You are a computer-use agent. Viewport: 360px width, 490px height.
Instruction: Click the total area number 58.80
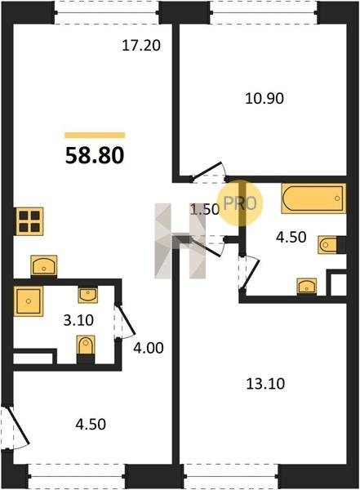pos(95,156)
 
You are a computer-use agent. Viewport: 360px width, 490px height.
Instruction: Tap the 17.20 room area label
pos(141,46)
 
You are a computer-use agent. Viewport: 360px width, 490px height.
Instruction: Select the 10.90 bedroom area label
pos(264,99)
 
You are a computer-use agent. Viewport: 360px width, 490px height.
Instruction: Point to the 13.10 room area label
pos(265,384)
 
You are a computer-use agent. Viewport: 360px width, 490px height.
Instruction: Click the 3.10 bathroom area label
pos(78,320)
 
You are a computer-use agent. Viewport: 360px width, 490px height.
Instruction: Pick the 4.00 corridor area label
pos(148,348)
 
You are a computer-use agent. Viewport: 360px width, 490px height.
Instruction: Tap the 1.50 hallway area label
pos(205,209)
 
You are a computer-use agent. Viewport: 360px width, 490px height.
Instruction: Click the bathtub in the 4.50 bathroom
pos(313,198)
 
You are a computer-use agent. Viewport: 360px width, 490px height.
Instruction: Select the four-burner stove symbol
pos(29,221)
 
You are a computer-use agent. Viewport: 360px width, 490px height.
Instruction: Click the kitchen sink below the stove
pos(44,265)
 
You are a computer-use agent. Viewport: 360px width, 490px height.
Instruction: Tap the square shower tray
pos(29,301)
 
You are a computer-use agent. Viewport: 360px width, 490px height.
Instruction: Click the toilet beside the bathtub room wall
pos(329,245)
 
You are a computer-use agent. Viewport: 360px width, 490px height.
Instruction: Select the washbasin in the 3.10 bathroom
pos(87,295)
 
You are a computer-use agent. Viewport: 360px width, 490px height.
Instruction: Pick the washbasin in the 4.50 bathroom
pos(307,286)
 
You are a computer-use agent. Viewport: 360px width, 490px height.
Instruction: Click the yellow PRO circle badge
pos(241,203)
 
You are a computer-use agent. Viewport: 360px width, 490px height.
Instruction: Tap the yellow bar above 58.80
pos(95,135)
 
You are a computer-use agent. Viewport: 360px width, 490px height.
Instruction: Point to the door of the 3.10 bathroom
pos(125,321)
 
